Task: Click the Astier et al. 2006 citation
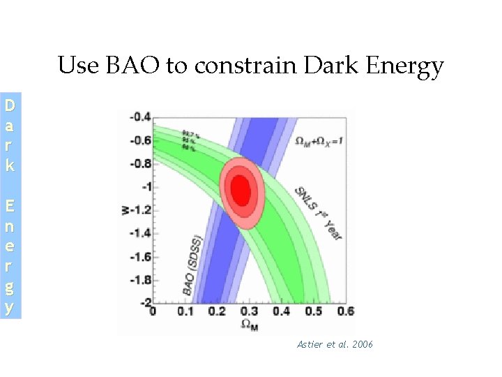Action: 335,345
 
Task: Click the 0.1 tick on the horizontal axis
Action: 185,311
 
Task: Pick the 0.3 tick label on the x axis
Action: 249,311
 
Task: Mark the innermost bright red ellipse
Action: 241,187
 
